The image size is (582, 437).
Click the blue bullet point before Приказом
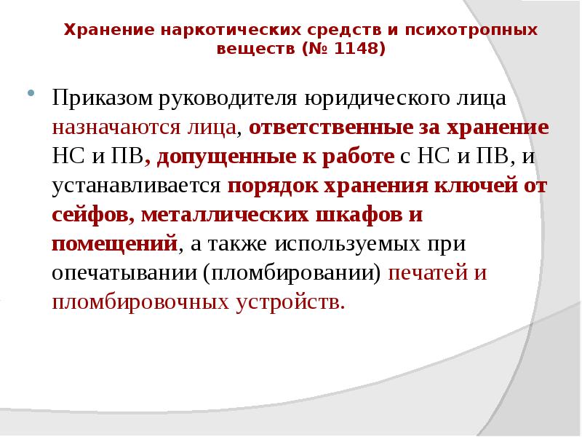tap(31, 95)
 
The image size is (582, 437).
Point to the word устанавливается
tap(136, 185)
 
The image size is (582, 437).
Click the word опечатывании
tap(124, 272)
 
